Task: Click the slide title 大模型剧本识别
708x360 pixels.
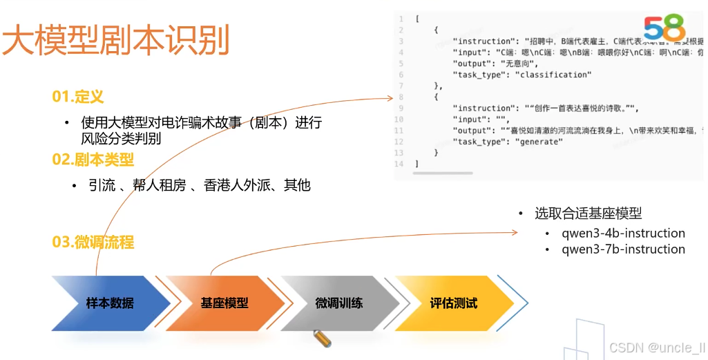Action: tap(115, 41)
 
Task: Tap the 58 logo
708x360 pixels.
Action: tap(664, 28)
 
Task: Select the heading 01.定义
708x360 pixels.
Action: tap(77, 97)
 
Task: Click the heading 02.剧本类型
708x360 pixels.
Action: tap(93, 160)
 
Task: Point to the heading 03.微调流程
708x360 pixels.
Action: tap(93, 242)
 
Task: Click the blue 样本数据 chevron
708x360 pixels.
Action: tap(110, 303)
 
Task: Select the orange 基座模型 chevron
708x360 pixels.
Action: tap(224, 303)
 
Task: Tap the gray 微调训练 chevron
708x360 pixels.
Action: tap(339, 303)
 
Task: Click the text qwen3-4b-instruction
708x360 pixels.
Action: tap(623, 234)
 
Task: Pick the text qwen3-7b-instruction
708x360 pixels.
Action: tap(623, 249)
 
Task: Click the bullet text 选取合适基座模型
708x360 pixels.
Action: tap(588, 214)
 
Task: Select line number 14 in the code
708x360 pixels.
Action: tap(399, 164)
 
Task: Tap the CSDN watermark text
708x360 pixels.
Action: tap(647, 348)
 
